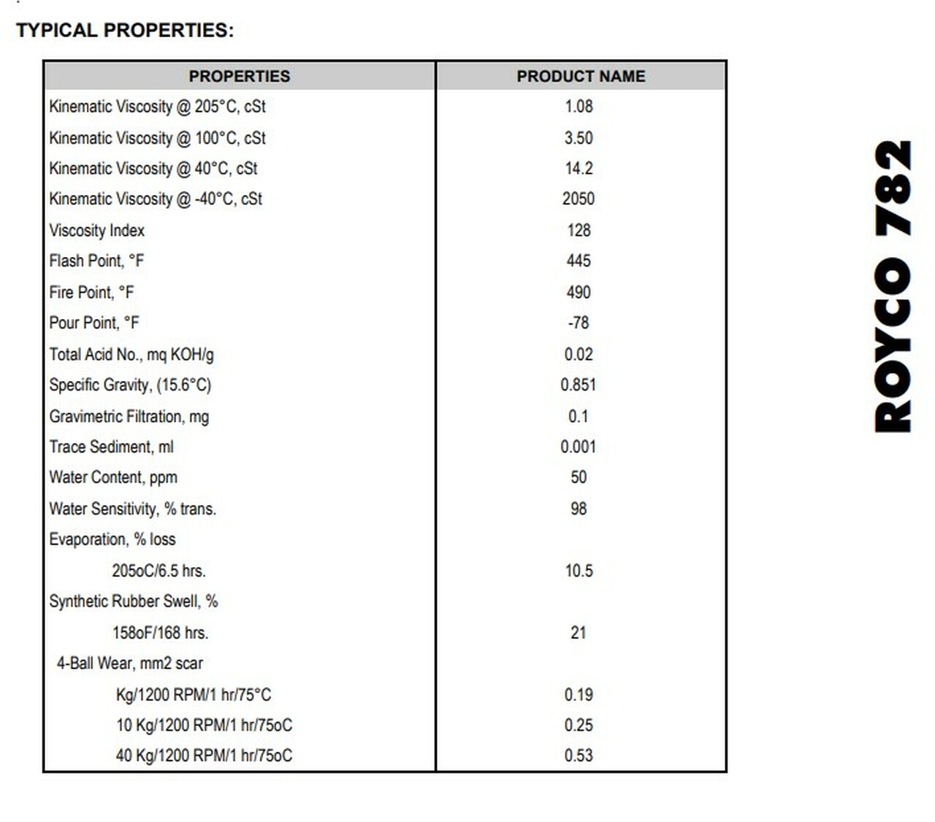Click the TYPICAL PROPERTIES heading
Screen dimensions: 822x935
(x=125, y=31)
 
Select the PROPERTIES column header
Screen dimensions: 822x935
(x=240, y=76)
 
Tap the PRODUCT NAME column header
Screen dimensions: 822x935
(x=581, y=76)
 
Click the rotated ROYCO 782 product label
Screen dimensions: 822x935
(x=893, y=286)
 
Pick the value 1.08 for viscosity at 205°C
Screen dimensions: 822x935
(x=579, y=107)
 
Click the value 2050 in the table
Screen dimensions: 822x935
(x=579, y=199)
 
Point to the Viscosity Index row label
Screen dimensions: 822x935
(x=97, y=231)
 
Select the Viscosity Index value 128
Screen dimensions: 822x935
(x=579, y=231)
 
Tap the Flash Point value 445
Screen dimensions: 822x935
(x=579, y=261)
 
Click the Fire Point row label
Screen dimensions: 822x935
(x=91, y=293)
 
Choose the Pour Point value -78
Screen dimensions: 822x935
(x=579, y=323)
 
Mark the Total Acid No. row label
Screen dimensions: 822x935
(x=131, y=355)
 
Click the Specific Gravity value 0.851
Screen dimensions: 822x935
(x=579, y=385)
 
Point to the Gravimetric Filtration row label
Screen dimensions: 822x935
(x=129, y=417)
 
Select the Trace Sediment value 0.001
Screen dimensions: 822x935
(x=579, y=447)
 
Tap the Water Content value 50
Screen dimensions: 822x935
(x=579, y=477)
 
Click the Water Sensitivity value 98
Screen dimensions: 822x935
(x=579, y=509)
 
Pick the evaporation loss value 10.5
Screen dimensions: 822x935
(x=579, y=571)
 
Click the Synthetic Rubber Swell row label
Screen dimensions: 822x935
(x=134, y=602)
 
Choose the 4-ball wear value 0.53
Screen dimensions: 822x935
(x=579, y=756)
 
